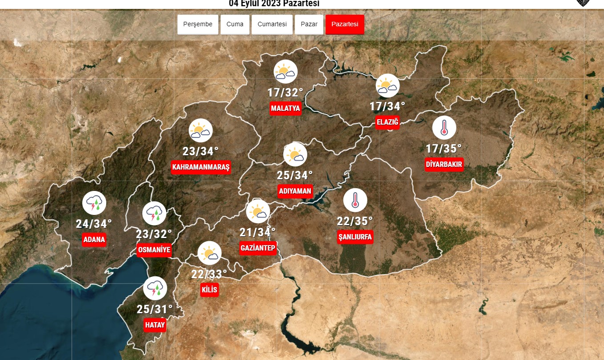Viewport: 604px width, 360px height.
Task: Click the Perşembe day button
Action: point(198,24)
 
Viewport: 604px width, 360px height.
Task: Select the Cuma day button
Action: point(235,24)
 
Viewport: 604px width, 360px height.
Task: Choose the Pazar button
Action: point(309,24)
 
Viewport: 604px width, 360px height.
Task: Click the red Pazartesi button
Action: point(345,24)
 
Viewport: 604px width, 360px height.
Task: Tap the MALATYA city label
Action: point(286,108)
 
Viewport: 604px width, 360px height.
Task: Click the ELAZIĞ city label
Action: point(387,122)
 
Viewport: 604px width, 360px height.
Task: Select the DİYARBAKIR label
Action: point(444,164)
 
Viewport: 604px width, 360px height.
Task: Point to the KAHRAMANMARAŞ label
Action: point(201,167)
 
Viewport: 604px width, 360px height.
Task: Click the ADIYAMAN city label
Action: point(295,191)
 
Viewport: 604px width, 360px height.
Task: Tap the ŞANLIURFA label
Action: point(355,237)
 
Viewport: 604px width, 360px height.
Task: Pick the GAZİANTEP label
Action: point(258,248)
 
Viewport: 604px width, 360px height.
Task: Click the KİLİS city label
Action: point(209,290)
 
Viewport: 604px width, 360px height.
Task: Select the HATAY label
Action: point(155,325)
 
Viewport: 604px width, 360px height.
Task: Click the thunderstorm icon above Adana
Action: point(94,203)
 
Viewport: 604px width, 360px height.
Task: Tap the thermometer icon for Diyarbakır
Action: point(444,128)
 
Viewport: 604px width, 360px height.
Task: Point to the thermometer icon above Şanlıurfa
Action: point(355,200)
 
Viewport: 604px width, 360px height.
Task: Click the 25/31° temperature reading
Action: point(155,309)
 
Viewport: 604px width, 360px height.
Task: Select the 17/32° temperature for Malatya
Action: point(286,93)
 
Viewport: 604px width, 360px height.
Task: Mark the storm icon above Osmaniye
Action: point(154,213)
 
